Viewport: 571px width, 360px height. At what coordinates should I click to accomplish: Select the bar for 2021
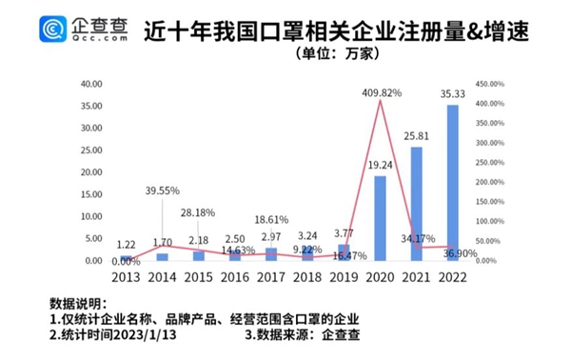(x=417, y=204)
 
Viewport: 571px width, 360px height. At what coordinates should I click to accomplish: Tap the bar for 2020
(x=381, y=218)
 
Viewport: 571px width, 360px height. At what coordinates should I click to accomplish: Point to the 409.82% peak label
(x=382, y=93)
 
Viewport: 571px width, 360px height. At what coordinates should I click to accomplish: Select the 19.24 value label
(x=381, y=166)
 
